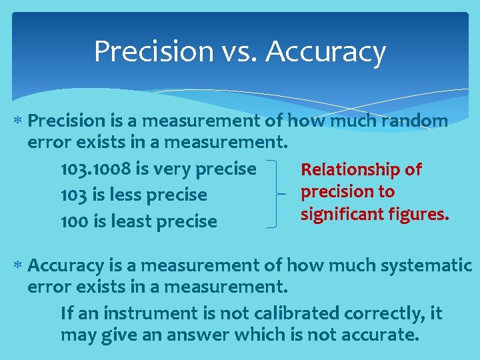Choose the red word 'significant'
tap(339, 214)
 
